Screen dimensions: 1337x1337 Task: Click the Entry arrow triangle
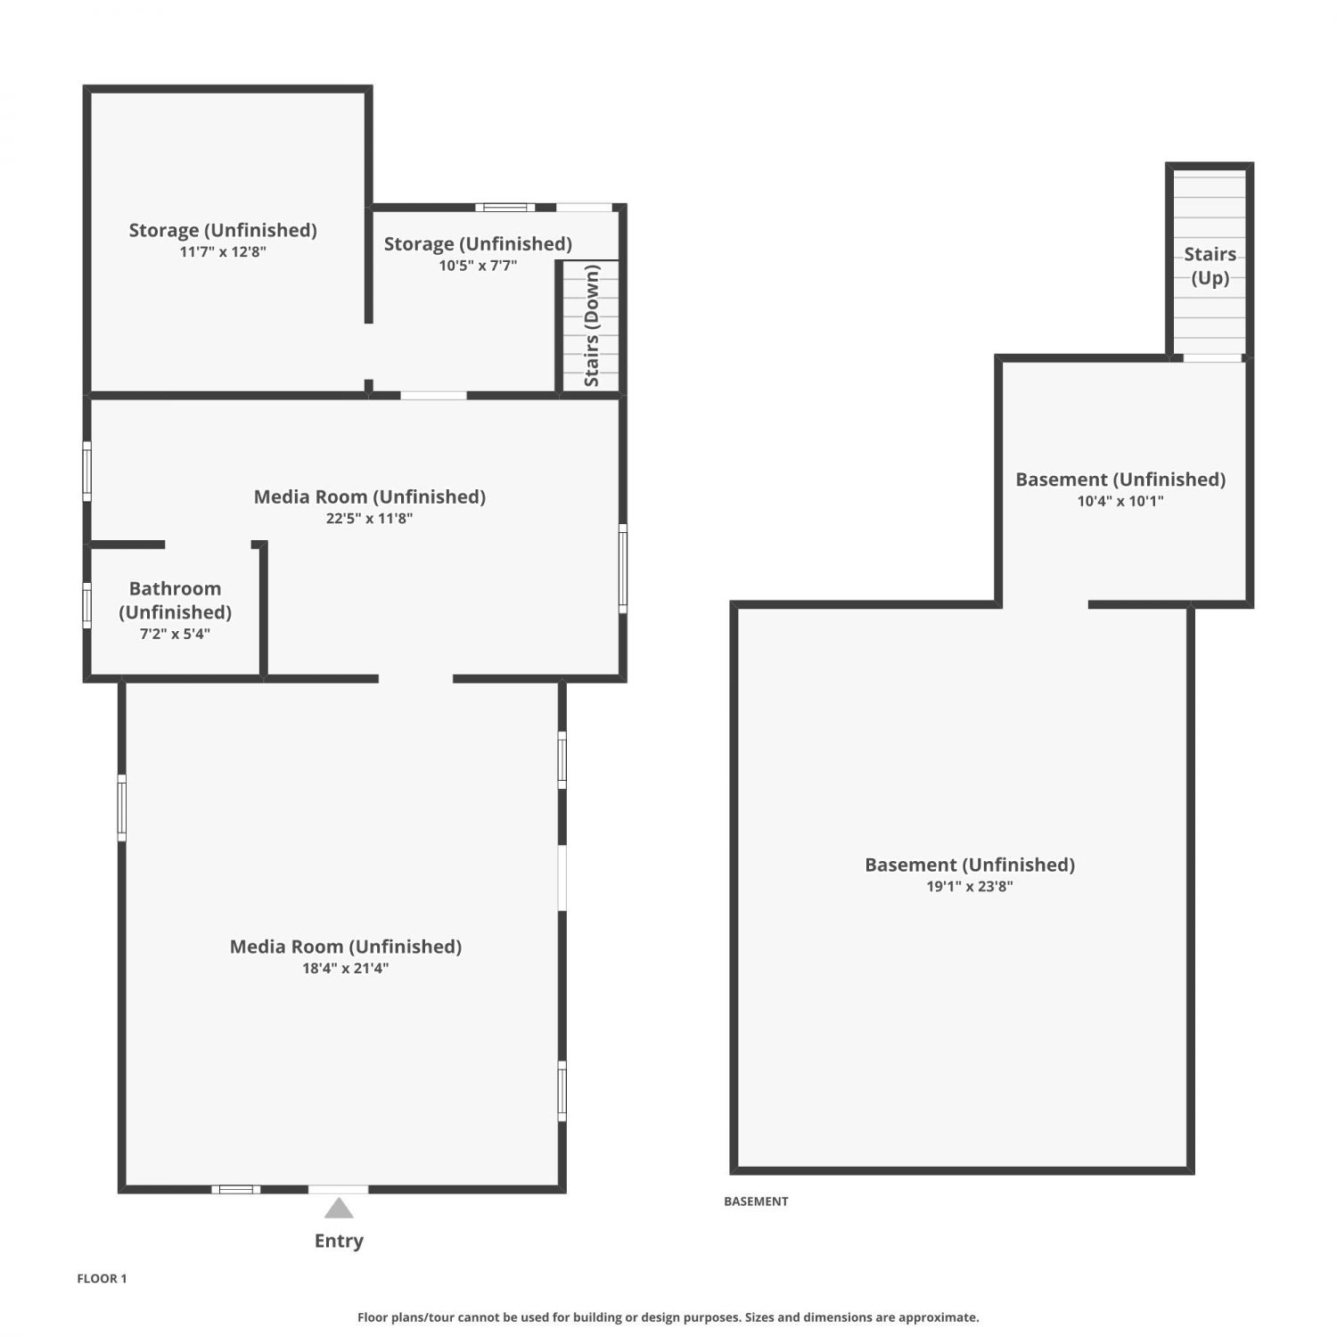point(339,1209)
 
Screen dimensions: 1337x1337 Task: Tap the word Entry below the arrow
point(339,1241)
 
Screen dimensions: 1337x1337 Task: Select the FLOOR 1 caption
point(102,1278)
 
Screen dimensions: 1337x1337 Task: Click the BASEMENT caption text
point(756,1202)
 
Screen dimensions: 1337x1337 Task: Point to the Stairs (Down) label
point(592,325)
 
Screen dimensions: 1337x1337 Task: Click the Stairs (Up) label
point(1210,266)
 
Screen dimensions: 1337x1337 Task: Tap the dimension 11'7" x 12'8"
point(223,251)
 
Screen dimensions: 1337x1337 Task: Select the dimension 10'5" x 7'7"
point(478,265)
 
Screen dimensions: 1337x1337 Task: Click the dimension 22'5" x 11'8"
point(369,518)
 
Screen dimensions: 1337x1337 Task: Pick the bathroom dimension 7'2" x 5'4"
point(175,634)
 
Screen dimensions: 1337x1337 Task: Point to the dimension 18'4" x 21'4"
point(345,968)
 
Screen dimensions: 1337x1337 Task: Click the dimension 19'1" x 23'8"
point(970,886)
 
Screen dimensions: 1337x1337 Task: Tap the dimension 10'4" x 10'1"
point(1120,501)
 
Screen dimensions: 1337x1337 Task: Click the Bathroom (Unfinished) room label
point(175,600)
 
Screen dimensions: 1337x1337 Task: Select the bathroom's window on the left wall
point(86,605)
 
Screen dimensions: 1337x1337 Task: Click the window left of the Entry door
point(236,1189)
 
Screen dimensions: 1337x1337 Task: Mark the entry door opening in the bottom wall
point(338,1189)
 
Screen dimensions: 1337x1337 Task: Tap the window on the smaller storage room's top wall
point(504,208)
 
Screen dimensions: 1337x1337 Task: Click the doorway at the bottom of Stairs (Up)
point(1212,358)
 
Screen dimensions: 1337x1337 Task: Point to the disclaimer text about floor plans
point(668,1317)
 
